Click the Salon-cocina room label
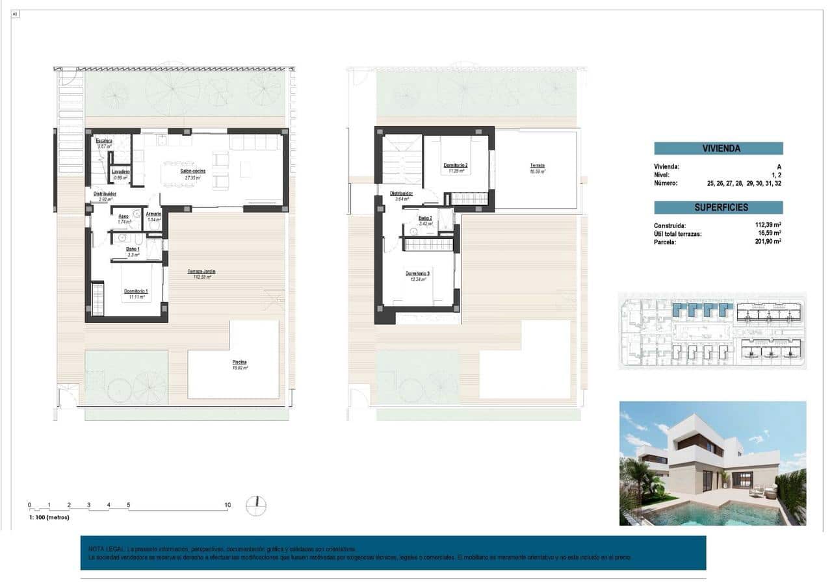tap(193, 171)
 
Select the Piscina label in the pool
tap(239, 363)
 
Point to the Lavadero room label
tap(120, 172)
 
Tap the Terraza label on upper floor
tap(537, 166)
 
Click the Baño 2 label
tap(425, 218)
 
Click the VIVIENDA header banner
tap(718, 148)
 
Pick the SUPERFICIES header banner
tap(718, 207)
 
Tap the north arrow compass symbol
tap(257, 505)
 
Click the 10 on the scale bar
tap(227, 505)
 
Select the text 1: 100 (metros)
tap(49, 517)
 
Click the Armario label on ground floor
tap(153, 214)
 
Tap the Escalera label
tap(104, 141)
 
